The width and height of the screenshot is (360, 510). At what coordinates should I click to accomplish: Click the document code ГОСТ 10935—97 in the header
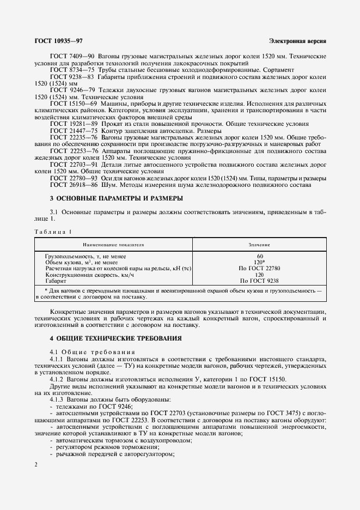coord(58,41)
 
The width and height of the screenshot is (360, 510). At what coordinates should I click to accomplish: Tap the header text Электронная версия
coord(297,41)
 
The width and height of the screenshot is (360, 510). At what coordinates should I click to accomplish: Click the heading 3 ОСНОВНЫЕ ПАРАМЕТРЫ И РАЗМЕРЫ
coord(116,198)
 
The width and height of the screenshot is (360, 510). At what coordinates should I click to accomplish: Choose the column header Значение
coord(259,245)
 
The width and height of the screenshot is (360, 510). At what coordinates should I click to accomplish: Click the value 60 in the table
coord(259,256)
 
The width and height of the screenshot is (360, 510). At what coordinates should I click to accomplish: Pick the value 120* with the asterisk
coord(260,262)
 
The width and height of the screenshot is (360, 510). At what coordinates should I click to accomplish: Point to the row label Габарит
coord(56,281)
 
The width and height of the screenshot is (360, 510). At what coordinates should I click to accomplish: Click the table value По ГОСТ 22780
coord(259,269)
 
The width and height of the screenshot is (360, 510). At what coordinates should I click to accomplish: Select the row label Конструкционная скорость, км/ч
coord(82,275)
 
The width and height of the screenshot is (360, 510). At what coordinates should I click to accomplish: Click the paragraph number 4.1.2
coord(57,379)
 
